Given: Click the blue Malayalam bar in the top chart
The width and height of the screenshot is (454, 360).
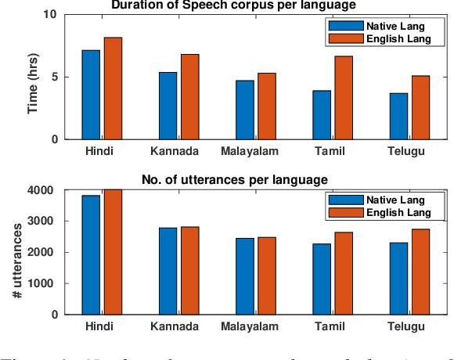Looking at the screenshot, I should [x=245, y=110].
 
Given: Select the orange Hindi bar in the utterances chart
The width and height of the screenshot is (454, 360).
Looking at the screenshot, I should [x=113, y=251].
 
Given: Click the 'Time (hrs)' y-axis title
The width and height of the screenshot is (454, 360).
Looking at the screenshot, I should [x=33, y=77].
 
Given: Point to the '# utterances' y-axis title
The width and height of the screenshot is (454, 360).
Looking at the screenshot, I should [x=17, y=252].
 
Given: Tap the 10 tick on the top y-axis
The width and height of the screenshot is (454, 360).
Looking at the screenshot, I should [x=49, y=14].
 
